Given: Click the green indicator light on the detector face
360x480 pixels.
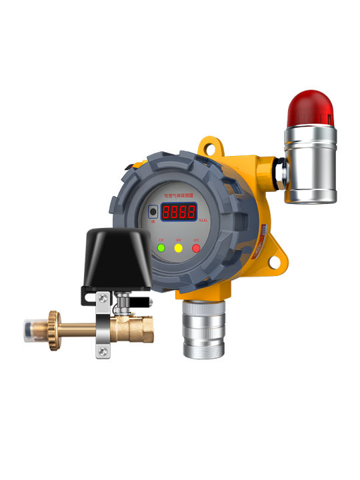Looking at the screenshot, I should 161,248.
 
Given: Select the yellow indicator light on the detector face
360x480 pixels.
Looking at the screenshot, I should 178,248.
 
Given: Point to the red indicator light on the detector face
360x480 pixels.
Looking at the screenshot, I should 196,248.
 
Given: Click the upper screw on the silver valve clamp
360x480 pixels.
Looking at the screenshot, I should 102,299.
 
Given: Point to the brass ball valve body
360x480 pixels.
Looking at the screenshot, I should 136,329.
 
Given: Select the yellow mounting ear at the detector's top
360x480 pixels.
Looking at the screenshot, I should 209,144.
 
